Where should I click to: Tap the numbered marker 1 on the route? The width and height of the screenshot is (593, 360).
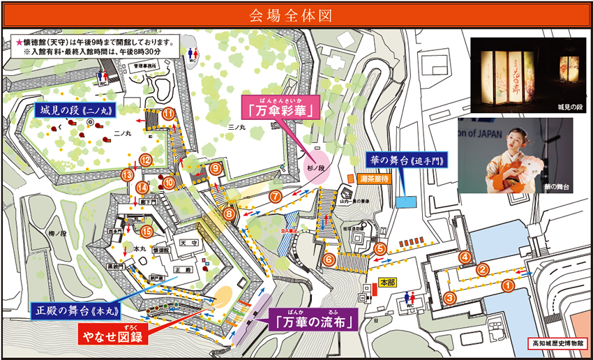508,285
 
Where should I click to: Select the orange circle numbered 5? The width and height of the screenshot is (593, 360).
380,248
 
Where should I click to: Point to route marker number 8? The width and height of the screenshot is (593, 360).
229,214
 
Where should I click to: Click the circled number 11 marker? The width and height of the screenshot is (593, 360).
168,114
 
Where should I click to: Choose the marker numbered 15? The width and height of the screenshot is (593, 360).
147,231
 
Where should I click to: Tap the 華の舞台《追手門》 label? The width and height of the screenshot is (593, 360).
407,160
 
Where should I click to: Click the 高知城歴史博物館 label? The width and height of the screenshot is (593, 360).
555,344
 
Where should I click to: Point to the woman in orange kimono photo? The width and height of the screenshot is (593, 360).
516,155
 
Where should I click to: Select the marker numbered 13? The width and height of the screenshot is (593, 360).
127,174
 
